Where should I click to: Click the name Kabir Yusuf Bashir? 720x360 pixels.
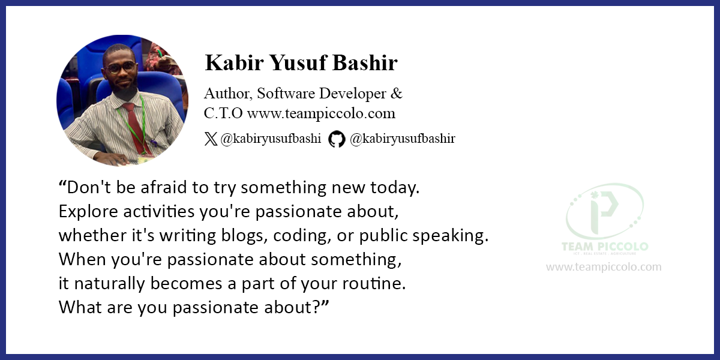coord(301,62)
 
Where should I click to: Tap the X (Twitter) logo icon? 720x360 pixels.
coord(211,139)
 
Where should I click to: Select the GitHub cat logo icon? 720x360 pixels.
coord(337,139)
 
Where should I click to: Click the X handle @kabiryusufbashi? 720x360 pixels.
coord(271,139)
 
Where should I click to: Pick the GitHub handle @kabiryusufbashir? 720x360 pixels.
coord(403,139)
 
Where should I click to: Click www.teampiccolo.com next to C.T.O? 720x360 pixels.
coord(321,113)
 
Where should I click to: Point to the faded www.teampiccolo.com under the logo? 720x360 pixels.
coord(604,267)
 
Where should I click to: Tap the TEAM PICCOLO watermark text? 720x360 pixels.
coord(605,247)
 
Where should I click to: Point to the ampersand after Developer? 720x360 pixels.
coord(397,93)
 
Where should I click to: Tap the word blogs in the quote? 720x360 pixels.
coord(244,236)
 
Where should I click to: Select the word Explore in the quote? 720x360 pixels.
coord(88,212)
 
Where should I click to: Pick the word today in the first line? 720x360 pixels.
coord(395,188)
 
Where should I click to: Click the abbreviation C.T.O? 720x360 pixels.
coord(223,113)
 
